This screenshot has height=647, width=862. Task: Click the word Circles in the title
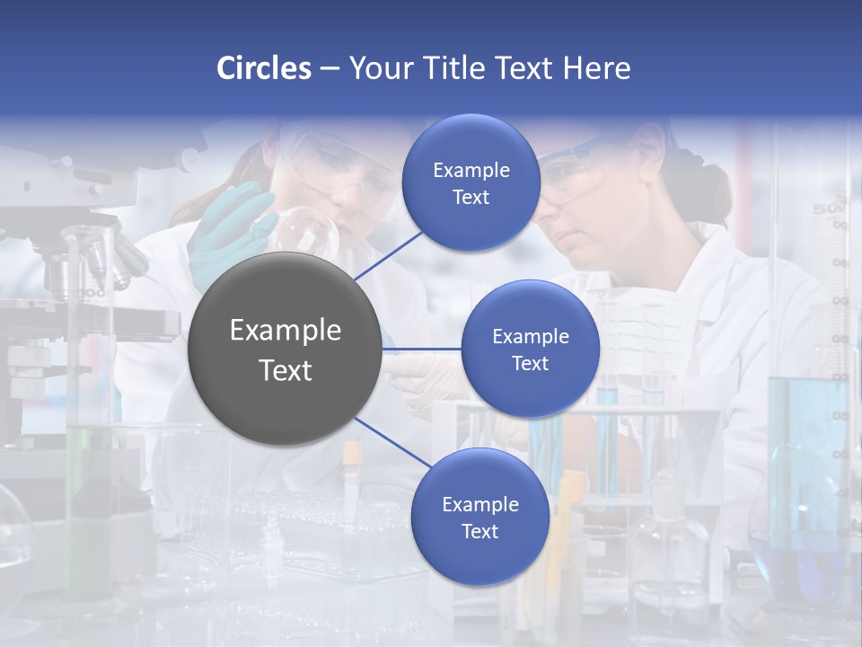tap(264, 68)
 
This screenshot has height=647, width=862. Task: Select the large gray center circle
tap(285, 349)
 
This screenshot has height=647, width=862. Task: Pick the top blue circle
tap(471, 182)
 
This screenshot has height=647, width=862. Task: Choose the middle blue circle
tap(530, 349)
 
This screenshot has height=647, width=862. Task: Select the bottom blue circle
tap(479, 517)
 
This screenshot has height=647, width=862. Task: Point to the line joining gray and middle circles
tap(421, 349)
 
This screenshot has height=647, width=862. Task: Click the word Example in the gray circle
tap(285, 331)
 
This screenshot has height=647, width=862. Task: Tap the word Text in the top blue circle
tap(471, 198)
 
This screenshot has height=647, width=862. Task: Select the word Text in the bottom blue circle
tap(479, 532)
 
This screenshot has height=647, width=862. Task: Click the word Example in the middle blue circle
tap(530, 337)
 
